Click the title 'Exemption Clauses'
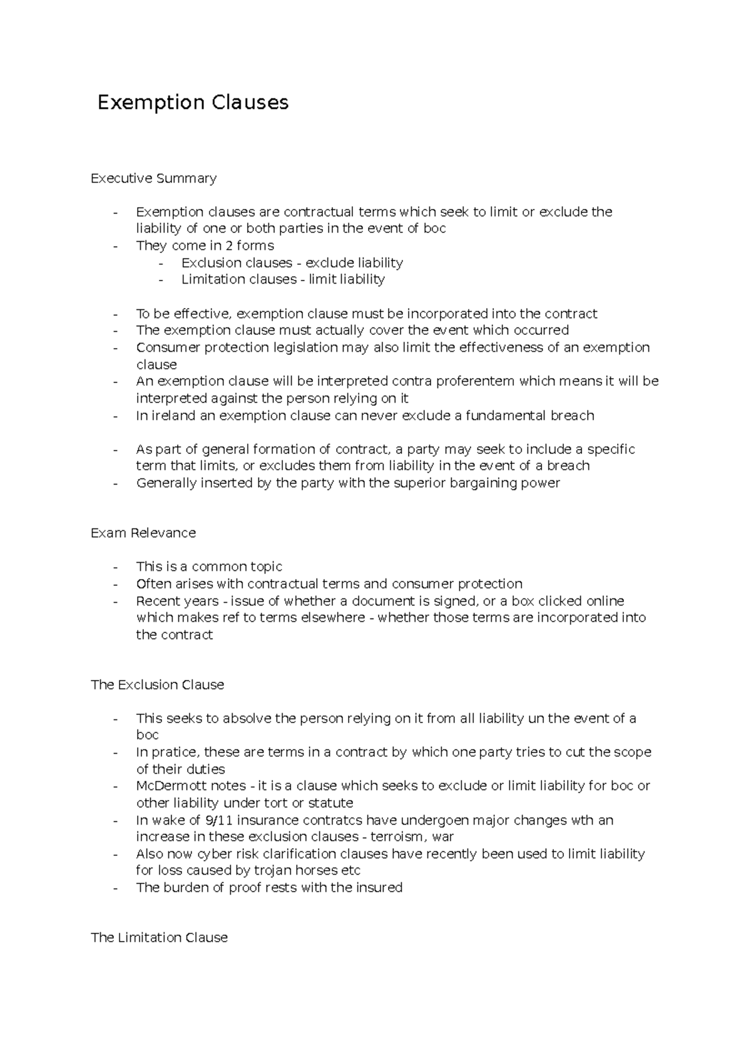[193, 102]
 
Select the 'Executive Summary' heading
[153, 178]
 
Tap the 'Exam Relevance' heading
[143, 533]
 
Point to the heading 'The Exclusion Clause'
[157, 685]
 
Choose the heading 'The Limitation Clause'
[159, 938]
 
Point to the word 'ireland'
[175, 416]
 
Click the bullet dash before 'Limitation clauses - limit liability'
[161, 280]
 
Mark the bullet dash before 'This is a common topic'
[115, 567]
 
